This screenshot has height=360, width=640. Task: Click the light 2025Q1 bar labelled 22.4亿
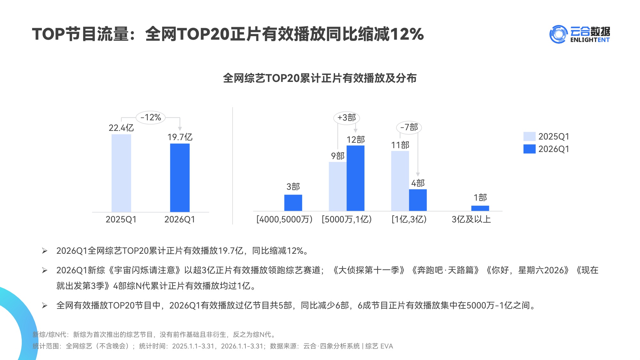121,173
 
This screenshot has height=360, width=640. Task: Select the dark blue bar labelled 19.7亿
180,178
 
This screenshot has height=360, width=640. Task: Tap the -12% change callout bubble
151,117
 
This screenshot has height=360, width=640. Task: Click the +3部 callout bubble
347,118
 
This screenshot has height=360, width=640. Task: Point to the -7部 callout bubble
409,127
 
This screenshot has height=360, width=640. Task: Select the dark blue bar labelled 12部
355,178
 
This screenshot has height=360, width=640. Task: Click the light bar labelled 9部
338,186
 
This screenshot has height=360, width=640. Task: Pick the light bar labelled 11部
400,181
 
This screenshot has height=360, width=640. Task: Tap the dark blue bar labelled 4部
418,200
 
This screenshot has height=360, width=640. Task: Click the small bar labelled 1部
480,208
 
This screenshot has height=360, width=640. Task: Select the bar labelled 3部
293,203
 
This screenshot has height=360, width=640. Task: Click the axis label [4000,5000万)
284,220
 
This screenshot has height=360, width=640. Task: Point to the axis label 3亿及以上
471,220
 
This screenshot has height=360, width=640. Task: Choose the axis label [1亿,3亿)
409,220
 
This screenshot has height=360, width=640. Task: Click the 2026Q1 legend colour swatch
529,149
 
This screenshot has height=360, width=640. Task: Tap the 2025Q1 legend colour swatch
529,136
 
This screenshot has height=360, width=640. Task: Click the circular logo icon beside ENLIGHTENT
558,34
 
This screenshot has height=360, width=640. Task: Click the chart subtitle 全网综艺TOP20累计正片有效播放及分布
320,78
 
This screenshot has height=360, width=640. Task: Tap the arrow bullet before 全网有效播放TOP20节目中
44,306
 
